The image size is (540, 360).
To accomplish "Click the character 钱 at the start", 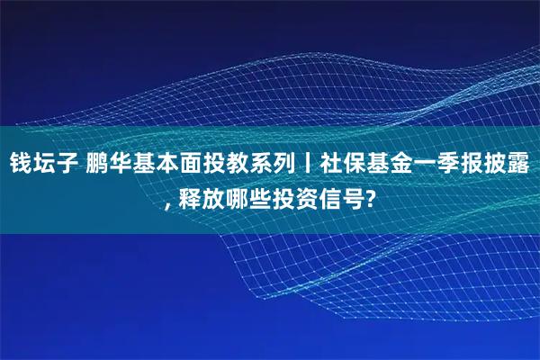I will pyautogui.click(x=20, y=166).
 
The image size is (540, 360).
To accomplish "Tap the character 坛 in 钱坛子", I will pyautogui.click(x=44, y=166).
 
